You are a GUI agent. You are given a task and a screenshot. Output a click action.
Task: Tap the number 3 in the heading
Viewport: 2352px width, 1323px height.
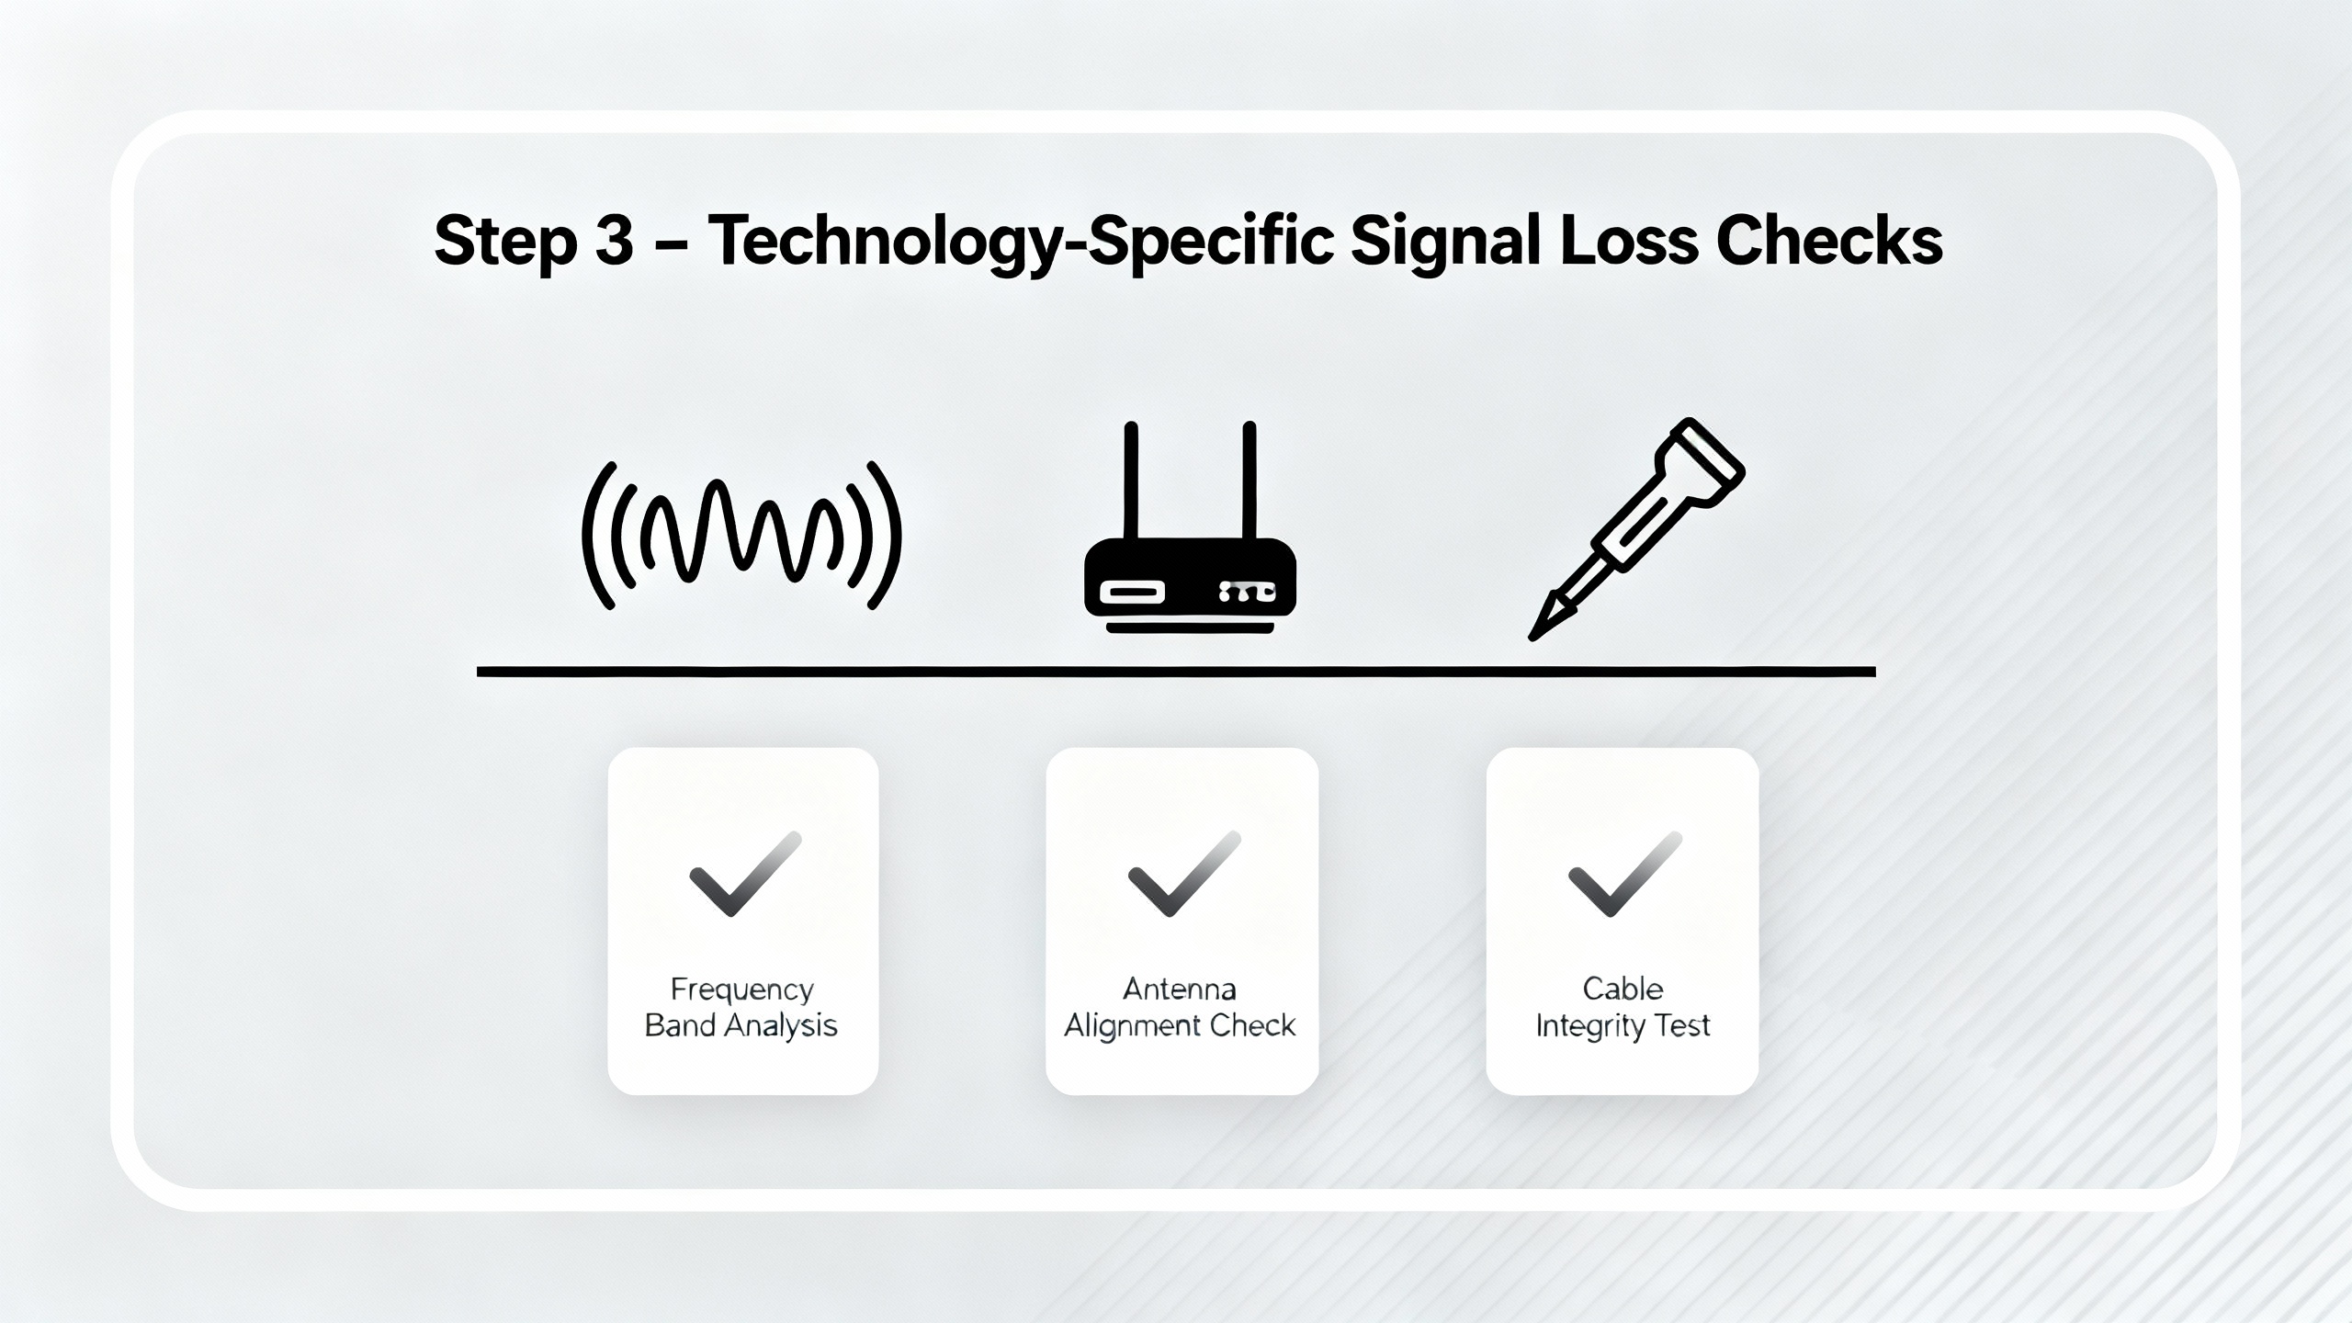tap(615, 242)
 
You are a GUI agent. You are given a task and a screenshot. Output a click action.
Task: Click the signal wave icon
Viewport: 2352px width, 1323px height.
tap(741, 536)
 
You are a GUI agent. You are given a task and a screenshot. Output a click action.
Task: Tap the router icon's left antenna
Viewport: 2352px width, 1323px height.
tap(1131, 481)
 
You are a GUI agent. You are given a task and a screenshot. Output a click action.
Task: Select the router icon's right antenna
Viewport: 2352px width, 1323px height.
tap(1249, 481)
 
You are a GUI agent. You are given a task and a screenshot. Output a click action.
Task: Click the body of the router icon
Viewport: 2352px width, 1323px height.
tap(1190, 578)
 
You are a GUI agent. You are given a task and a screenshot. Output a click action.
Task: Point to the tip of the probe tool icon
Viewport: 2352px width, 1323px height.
tap(1532, 636)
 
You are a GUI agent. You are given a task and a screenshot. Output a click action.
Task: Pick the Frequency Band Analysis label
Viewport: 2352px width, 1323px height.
tap(741, 1007)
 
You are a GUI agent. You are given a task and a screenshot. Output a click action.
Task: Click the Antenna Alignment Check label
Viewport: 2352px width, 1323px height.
tap(1180, 1007)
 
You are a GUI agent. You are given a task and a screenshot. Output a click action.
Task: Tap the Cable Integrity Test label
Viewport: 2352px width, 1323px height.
tap(1623, 1007)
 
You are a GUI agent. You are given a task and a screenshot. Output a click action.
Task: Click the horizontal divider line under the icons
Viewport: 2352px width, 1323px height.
tap(1176, 673)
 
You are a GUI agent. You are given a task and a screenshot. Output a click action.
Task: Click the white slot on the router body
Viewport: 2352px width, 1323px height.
tap(1132, 592)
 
